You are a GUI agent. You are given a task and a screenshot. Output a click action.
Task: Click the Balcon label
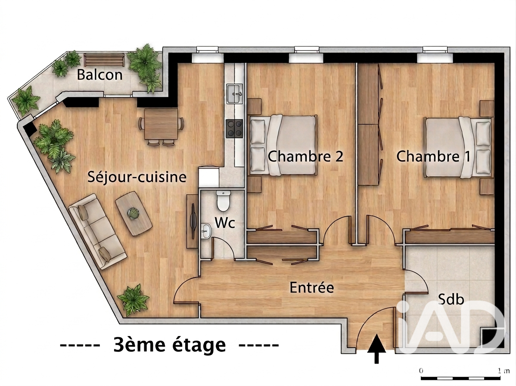100,75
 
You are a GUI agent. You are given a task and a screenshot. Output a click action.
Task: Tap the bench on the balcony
104,60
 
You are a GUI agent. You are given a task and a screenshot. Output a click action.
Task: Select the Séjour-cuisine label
137,177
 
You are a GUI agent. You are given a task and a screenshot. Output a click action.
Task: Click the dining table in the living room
161,124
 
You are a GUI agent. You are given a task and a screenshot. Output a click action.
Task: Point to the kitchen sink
234,94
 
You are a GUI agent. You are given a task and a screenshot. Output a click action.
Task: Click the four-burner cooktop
234,129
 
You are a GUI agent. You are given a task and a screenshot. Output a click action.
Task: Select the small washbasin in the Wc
206,230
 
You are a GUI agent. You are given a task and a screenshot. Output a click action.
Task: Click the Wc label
225,223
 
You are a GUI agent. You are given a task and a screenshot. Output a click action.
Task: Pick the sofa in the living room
98,231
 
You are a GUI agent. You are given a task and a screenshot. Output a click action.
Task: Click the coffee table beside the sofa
134,213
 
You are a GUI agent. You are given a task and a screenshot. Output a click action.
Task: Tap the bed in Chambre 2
283,145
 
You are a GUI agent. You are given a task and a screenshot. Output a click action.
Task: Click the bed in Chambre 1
459,147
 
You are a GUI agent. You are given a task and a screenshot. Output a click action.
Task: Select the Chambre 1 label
433,156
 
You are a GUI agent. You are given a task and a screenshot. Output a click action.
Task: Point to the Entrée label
312,287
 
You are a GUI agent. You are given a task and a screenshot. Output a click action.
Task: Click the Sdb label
451,299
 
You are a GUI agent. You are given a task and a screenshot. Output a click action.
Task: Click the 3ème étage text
169,345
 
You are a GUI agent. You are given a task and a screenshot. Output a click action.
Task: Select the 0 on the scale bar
421,370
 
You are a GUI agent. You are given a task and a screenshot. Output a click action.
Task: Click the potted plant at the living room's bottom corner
133,299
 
